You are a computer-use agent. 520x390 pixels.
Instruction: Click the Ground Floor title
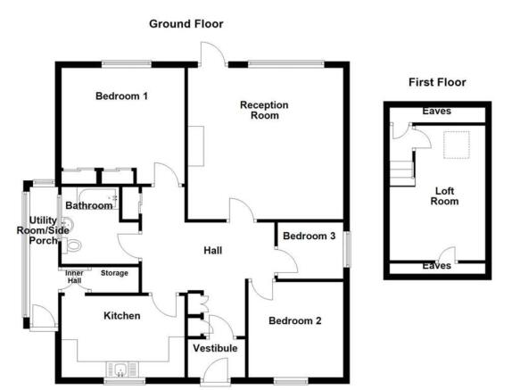186,24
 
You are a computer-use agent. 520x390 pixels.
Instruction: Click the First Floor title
437,82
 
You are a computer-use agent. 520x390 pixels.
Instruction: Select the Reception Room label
265,110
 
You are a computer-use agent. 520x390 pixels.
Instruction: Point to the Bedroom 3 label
309,236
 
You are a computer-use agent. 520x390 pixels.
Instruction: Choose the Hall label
212,251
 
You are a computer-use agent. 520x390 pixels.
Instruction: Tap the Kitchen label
121,315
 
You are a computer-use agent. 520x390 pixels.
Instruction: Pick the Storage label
114,273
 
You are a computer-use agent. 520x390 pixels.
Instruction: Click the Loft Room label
445,195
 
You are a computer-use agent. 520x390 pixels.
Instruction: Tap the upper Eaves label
437,112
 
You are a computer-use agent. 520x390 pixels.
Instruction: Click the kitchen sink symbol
120,368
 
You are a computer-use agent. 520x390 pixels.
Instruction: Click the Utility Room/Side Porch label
43,232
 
